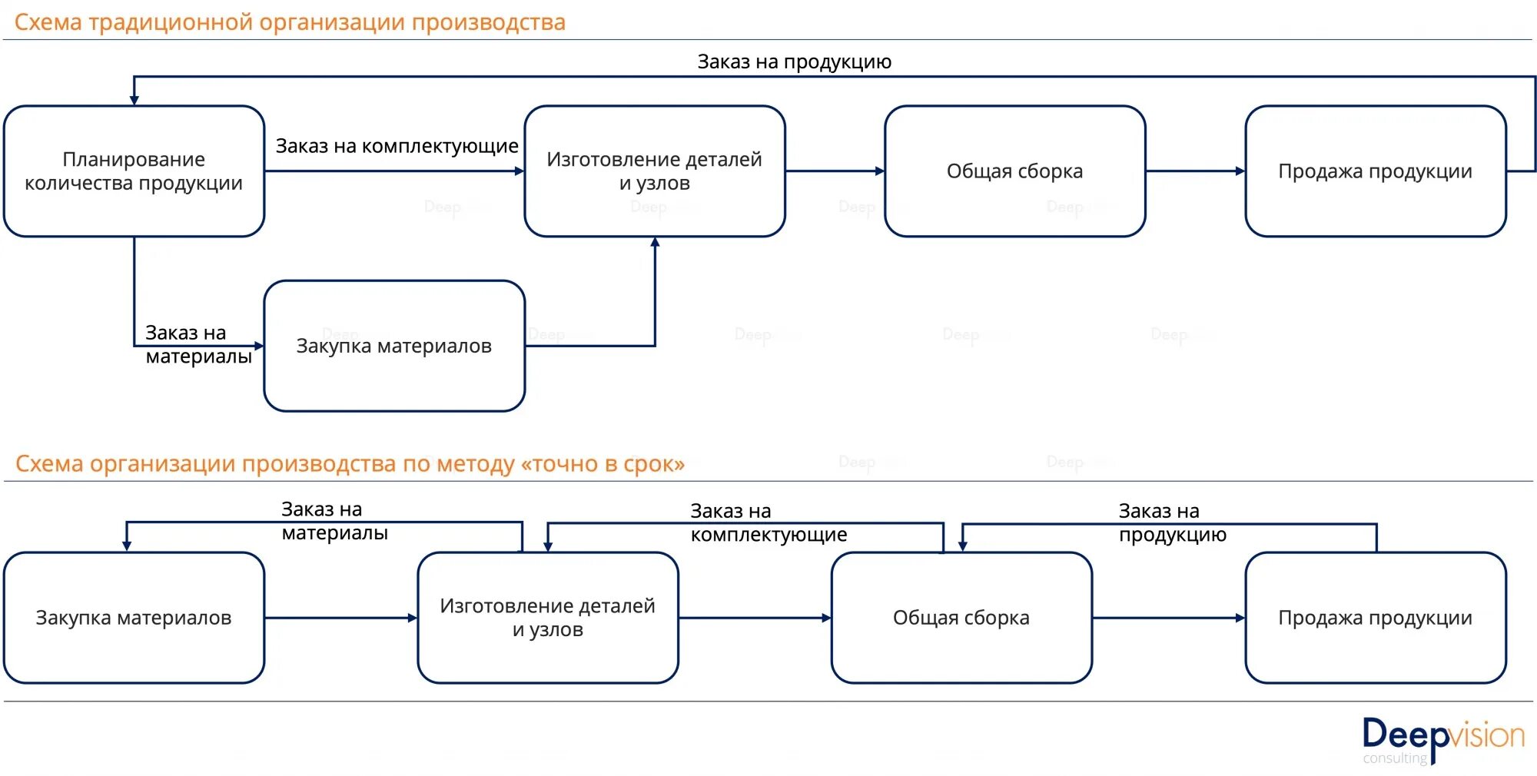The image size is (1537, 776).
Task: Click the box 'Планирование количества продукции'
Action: pyautogui.click(x=134, y=171)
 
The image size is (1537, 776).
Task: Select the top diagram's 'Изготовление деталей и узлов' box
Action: pyautogui.click(x=654, y=171)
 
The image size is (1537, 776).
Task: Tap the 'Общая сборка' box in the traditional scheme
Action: pyautogui.click(x=1014, y=171)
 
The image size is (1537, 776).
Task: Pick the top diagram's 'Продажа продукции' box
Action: pyautogui.click(x=1375, y=171)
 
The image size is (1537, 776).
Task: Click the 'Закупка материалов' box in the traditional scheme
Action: pyautogui.click(x=393, y=346)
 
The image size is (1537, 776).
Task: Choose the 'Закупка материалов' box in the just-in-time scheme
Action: pyautogui.click(x=134, y=618)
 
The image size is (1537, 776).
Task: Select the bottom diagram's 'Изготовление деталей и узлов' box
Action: pyautogui.click(x=547, y=618)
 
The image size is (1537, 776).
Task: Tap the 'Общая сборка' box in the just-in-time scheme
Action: pyautogui.click(x=961, y=618)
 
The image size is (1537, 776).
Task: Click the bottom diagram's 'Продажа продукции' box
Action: pyautogui.click(x=1375, y=618)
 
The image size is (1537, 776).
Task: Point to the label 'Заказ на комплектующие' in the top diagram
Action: pyautogui.click(x=397, y=146)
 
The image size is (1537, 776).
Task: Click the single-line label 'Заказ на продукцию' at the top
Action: pyautogui.click(x=794, y=61)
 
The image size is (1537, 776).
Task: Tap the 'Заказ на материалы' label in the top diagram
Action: pyautogui.click(x=198, y=344)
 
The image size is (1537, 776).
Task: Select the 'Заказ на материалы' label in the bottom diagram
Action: pyautogui.click(x=334, y=521)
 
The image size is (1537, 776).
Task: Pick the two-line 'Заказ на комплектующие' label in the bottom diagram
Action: pyautogui.click(x=768, y=522)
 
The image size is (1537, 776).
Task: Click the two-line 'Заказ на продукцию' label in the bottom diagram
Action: pyautogui.click(x=1172, y=522)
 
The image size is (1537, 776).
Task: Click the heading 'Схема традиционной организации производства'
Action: pyautogui.click(x=290, y=22)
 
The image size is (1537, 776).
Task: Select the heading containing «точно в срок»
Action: pyautogui.click(x=350, y=463)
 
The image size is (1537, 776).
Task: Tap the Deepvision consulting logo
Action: pyautogui.click(x=1442, y=739)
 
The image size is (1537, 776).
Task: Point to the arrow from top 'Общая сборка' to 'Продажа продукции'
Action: pyautogui.click(x=1195, y=171)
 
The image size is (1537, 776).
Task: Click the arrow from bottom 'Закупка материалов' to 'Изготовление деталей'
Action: pyautogui.click(x=340, y=618)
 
